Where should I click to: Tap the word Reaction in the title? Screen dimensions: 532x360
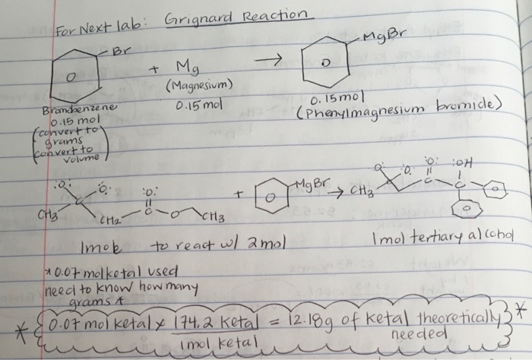coord(271,16)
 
